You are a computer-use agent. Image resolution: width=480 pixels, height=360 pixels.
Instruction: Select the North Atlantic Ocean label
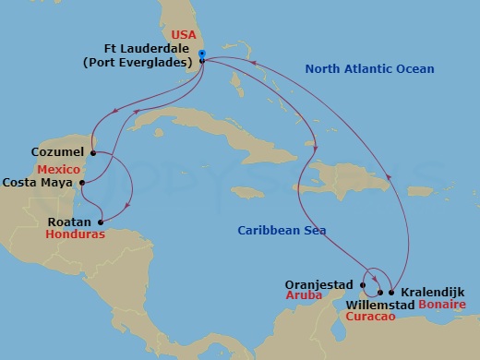[x=370, y=68]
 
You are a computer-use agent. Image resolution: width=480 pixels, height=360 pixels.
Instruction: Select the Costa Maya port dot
[x=82, y=183]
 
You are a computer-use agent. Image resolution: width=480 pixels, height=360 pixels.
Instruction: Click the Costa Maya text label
[x=39, y=183]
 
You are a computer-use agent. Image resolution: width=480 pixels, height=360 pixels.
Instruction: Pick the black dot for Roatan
[x=98, y=222]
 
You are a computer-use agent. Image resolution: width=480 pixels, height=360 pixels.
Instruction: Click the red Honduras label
[x=76, y=234]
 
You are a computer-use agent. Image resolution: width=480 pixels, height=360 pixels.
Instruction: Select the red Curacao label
[x=371, y=317]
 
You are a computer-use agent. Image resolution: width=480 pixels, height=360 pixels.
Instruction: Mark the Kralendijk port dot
[x=391, y=292]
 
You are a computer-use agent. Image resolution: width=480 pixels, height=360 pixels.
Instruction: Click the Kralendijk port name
[x=433, y=292]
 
